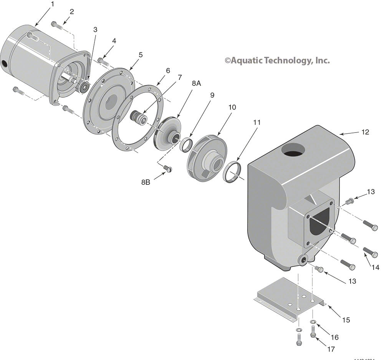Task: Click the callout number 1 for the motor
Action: pyautogui.click(x=53, y=4)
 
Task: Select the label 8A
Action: pyautogui.click(x=196, y=83)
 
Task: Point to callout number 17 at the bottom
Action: pyautogui.click(x=331, y=349)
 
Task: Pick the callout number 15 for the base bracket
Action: pyautogui.click(x=346, y=320)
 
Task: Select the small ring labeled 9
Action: pyautogui.click(x=186, y=145)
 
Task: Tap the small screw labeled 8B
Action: pyautogui.click(x=167, y=168)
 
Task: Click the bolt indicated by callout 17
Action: pyautogui.click(x=313, y=331)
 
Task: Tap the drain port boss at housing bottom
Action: pyautogui.click(x=305, y=260)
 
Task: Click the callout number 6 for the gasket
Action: pyautogui.click(x=167, y=71)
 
